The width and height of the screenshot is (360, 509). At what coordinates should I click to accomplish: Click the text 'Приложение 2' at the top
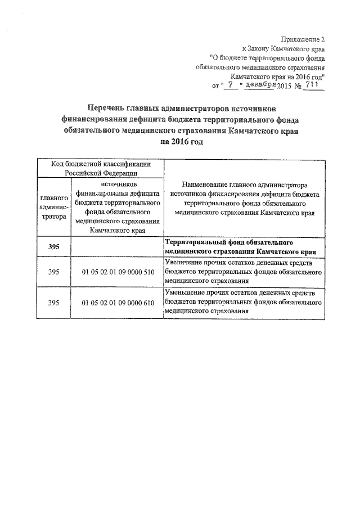pos(305,39)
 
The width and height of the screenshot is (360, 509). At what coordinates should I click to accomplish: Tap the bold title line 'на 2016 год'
pos(181,142)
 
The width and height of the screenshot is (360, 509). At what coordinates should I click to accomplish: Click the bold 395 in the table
pos(54,247)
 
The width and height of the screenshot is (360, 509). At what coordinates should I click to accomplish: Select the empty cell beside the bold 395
pos(118,247)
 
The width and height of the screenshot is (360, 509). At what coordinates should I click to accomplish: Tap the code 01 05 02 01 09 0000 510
pos(118,272)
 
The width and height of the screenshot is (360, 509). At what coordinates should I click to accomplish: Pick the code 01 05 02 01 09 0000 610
pos(118,303)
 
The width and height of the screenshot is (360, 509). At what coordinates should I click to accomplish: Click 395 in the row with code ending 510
pos(54,272)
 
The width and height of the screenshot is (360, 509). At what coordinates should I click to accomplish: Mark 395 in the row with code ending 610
pos(54,303)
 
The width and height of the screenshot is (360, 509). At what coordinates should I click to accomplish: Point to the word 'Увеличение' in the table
pos(184,263)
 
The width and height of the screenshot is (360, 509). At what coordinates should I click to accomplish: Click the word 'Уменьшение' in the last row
pos(186,293)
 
